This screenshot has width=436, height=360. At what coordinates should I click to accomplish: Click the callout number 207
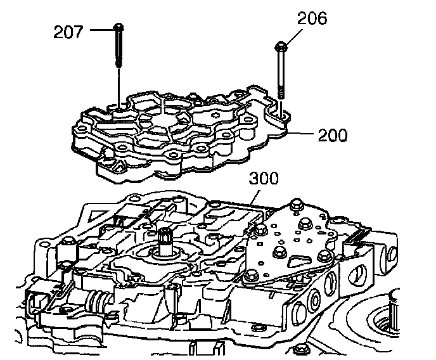(68, 30)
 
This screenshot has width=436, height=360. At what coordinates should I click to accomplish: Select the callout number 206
(311, 19)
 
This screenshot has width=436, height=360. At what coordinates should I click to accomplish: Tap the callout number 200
(331, 136)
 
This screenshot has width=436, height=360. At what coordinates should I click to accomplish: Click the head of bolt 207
(119, 27)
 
